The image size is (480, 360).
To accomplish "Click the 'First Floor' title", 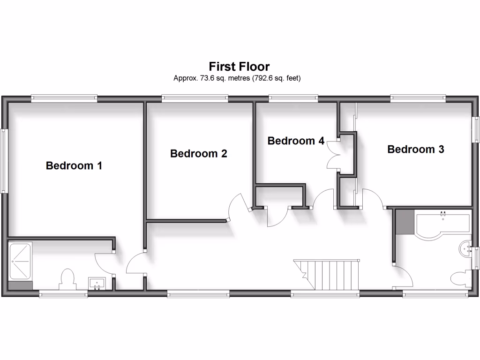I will (239, 66).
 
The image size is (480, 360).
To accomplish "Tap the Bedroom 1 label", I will (74, 165).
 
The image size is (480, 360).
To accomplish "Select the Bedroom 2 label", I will (199, 153).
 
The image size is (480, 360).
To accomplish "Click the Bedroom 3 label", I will (416, 149).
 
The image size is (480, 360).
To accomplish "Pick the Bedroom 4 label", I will (296, 141).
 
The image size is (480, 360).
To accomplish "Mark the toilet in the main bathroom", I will (461, 279).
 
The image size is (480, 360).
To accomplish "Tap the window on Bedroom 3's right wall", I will (476, 129).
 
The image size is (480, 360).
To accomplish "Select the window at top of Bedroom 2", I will (195, 98).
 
